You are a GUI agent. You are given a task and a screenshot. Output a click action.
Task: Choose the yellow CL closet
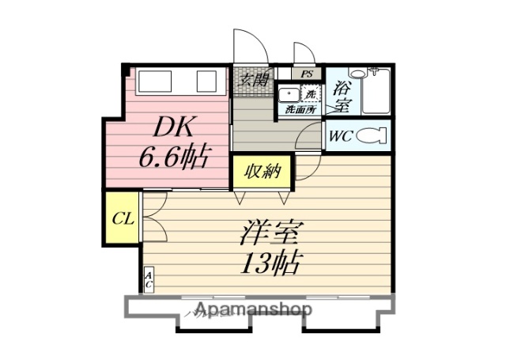pyautogui.click(x=122, y=218)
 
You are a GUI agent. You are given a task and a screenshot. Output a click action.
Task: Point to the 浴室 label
pyautogui.click(x=342, y=95)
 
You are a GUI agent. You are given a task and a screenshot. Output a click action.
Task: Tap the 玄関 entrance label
pyautogui.click(x=254, y=79)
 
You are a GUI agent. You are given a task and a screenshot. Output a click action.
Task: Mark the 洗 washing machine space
pyautogui.click(x=312, y=94)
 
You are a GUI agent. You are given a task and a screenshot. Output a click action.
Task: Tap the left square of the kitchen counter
pyautogui.click(x=152, y=81)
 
